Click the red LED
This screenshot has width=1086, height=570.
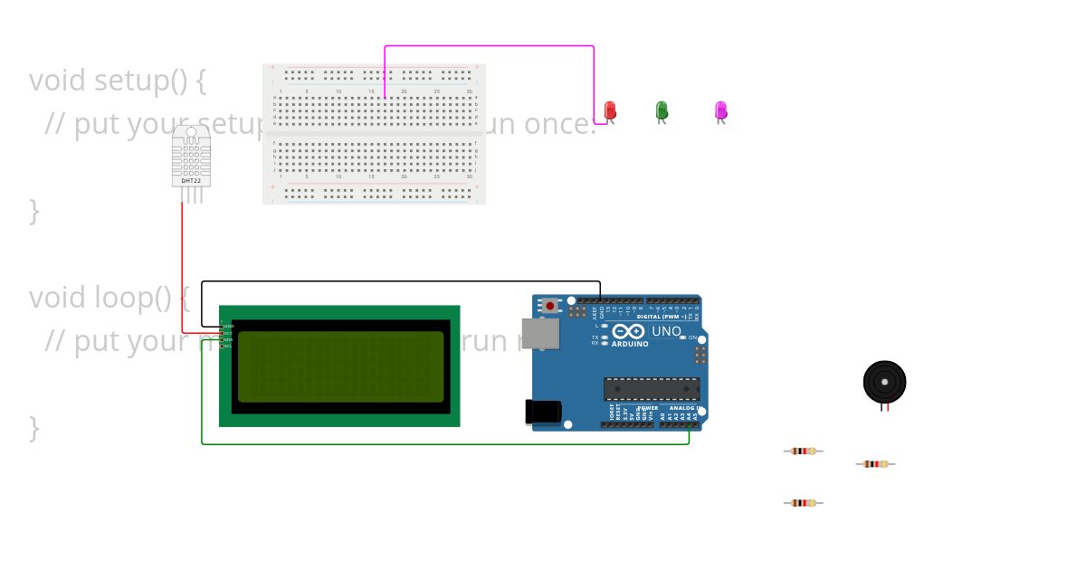pyautogui.click(x=611, y=110)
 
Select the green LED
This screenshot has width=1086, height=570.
pyautogui.click(x=662, y=110)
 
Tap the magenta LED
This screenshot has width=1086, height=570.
pyautogui.click(x=720, y=110)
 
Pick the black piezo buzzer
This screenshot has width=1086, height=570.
pyautogui.click(x=884, y=381)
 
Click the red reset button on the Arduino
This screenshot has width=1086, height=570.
pyautogui.click(x=550, y=306)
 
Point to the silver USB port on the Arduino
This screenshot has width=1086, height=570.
pyautogui.click(x=540, y=334)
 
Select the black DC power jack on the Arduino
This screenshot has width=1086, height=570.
pyautogui.click(x=543, y=412)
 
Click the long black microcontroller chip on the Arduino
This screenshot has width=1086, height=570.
pyautogui.click(x=652, y=389)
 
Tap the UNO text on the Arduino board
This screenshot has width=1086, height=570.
pyautogui.click(x=666, y=331)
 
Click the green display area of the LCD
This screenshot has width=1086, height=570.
pyautogui.click(x=340, y=366)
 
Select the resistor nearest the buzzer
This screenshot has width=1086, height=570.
pyautogui.click(x=875, y=464)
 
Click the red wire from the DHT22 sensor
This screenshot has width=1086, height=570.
pyautogui.click(x=183, y=271)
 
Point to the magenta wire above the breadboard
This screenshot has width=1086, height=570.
pyautogui.click(x=489, y=46)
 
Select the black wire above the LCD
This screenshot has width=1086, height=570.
pyautogui.click(x=398, y=281)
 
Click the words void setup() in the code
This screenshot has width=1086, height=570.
pyautogui.click(x=118, y=81)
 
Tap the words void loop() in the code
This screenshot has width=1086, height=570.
pyautogui.click(x=109, y=297)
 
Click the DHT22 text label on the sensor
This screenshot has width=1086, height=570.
pyautogui.click(x=191, y=181)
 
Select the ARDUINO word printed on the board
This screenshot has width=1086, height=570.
pyautogui.click(x=630, y=345)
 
